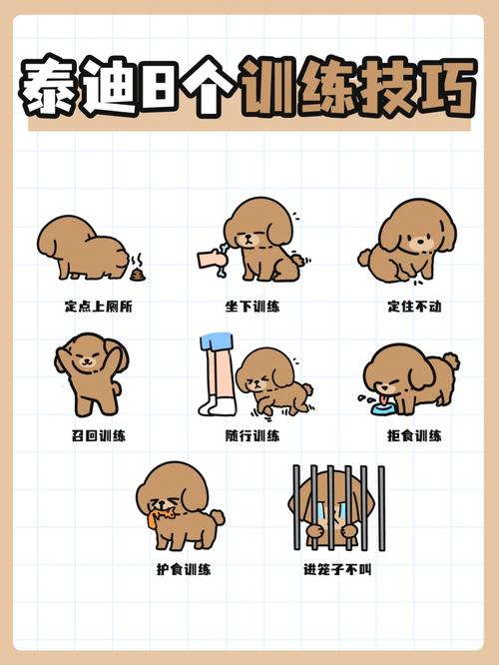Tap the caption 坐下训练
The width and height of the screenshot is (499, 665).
click(252, 307)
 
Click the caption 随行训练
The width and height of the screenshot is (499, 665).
click(252, 436)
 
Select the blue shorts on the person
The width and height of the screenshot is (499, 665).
click(217, 343)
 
